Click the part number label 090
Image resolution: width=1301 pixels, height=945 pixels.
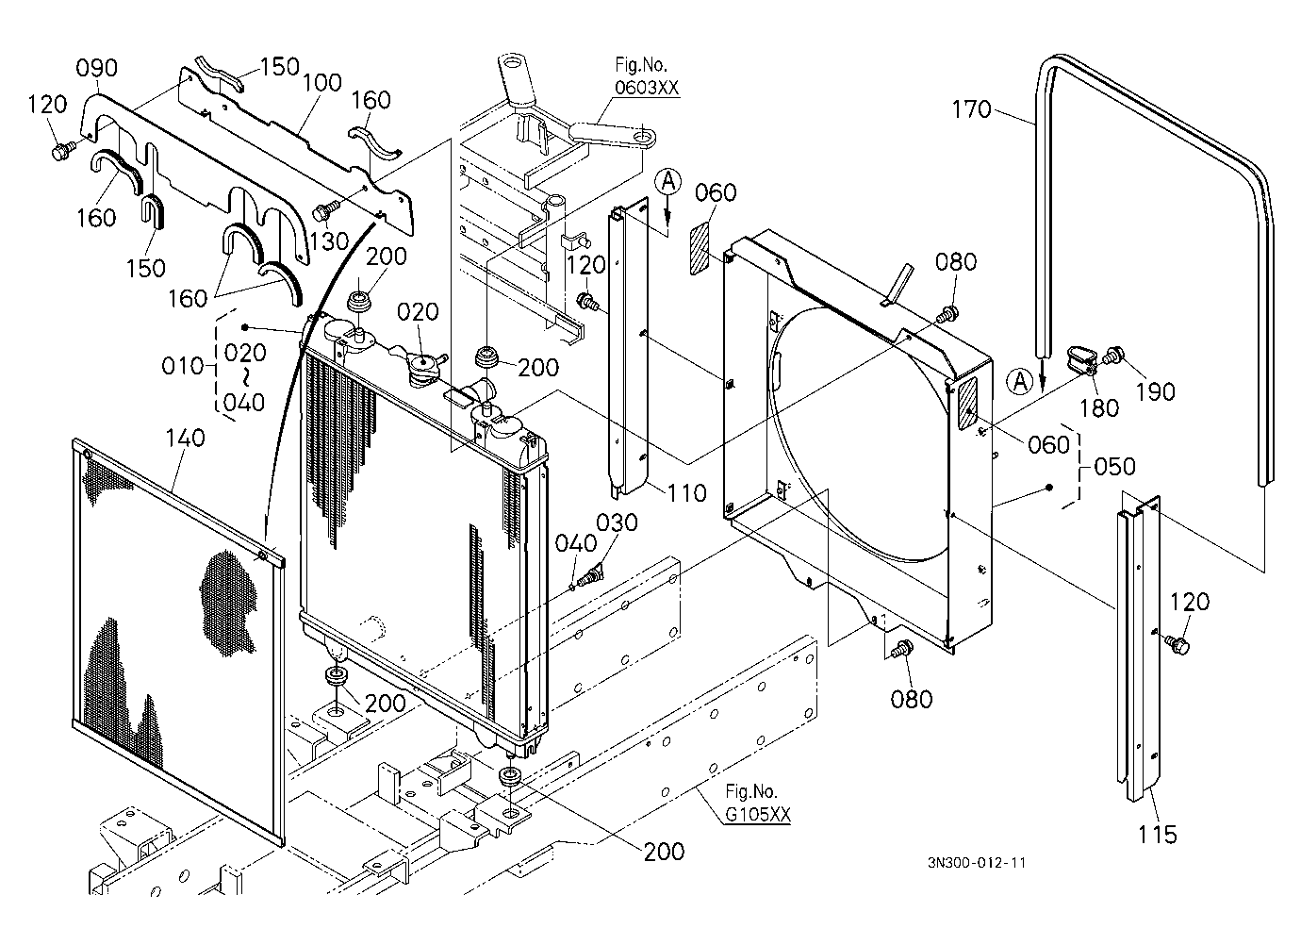pos(97,68)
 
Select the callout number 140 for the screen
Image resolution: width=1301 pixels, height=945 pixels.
pos(186,438)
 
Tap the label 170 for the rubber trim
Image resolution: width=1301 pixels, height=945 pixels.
pos(971,109)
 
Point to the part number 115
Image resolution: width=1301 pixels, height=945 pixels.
pos(1158,835)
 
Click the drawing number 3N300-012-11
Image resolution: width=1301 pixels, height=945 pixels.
pos(977,863)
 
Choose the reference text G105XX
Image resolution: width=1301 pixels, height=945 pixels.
pos(758,814)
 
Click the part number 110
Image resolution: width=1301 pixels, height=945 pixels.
pos(686,493)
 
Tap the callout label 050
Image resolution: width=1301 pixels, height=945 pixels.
pos(1114,467)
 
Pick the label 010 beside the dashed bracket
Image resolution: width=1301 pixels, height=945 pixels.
pos(182,366)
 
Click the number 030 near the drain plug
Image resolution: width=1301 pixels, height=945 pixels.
pos(617,523)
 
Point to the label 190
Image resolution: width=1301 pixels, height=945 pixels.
pos(1155,392)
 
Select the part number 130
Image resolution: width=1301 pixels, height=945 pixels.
pos(329,241)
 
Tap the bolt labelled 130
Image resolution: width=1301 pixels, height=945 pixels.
pos(323,211)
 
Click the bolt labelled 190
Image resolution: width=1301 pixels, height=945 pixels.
pos(1112,356)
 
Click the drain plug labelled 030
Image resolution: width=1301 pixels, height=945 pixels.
pos(595,574)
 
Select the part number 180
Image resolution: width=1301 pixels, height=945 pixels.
pos(1099,408)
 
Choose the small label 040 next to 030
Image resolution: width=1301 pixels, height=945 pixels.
pos(576,543)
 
